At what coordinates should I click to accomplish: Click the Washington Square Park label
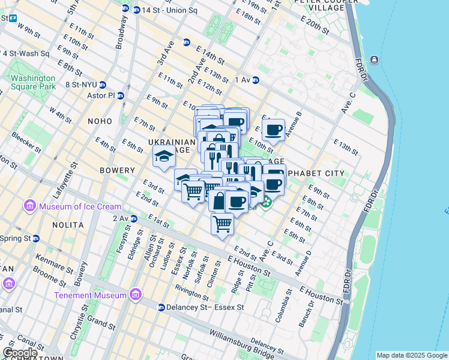click(x=33, y=82)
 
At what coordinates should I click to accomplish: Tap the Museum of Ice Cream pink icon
click(x=29, y=207)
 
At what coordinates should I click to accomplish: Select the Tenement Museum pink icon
click(x=135, y=295)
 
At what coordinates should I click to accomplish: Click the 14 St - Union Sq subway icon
click(x=125, y=9)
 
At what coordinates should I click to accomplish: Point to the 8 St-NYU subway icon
click(x=103, y=85)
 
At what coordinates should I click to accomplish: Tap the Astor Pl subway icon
click(x=121, y=95)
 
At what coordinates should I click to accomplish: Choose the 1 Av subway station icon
click(x=255, y=80)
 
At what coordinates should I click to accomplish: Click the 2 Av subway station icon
click(x=133, y=218)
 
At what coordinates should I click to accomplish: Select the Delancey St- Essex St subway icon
click(x=161, y=307)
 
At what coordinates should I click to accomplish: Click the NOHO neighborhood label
click(x=100, y=121)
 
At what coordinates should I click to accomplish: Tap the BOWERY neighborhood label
click(x=117, y=170)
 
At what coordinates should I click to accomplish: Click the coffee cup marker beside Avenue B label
click(x=274, y=130)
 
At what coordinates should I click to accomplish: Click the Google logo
click(x=20, y=353)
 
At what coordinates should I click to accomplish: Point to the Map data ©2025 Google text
click(x=411, y=355)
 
